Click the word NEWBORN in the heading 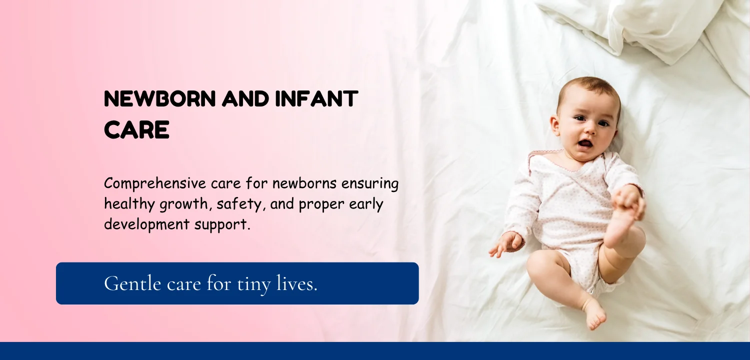coord(159,99)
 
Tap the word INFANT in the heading coord(316,99)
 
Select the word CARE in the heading coord(136,129)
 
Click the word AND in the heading coord(245,99)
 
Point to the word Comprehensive coord(155,184)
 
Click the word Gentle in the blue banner coord(132,284)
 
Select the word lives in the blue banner coord(295,283)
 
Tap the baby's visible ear coord(555,125)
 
